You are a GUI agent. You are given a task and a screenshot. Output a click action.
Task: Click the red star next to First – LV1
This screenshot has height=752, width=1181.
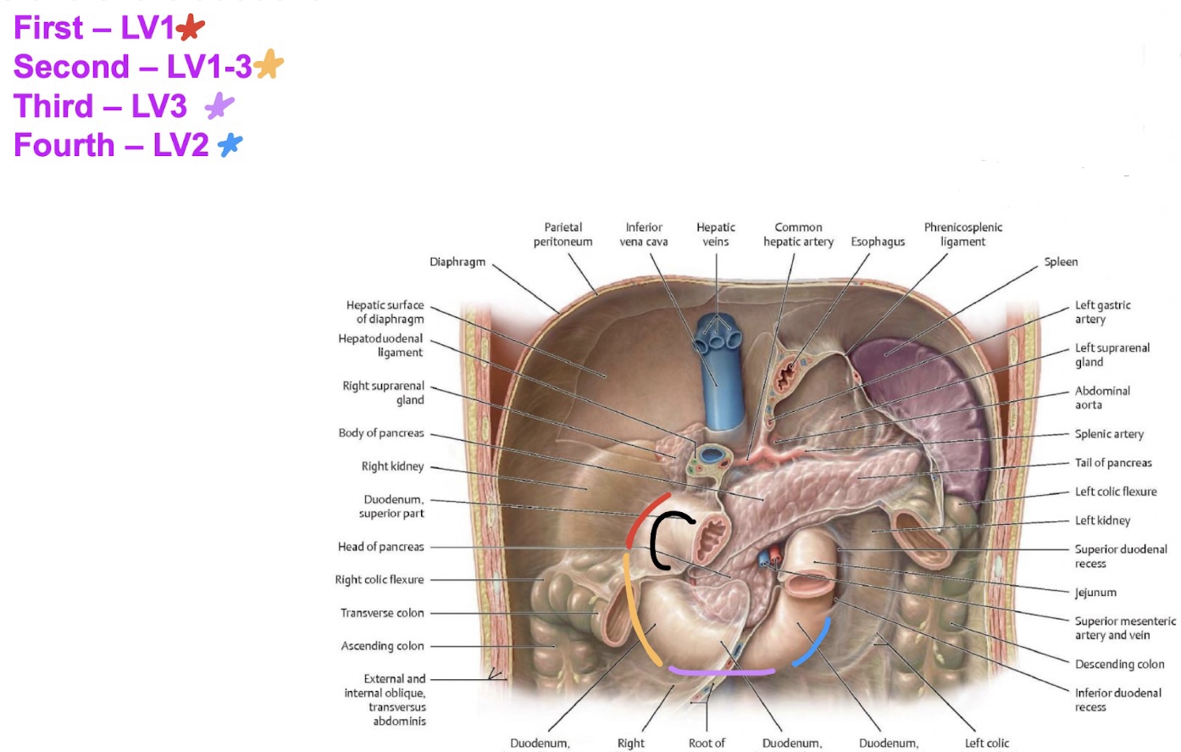pos(191,27)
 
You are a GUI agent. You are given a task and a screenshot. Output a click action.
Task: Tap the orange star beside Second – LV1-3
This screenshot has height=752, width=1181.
pos(269,64)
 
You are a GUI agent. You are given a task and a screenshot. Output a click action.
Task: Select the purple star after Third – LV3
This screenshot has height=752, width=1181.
pos(219,105)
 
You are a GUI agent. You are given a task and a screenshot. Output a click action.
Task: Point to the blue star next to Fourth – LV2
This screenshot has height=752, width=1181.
pos(230,145)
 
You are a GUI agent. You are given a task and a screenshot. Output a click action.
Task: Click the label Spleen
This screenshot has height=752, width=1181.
pos(1061,262)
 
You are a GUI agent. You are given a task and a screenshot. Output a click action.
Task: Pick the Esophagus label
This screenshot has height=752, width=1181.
pos(878,242)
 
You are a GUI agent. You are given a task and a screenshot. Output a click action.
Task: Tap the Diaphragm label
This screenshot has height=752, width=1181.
pos(457,262)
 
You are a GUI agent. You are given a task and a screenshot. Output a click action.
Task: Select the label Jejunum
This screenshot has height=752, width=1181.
pos(1095,592)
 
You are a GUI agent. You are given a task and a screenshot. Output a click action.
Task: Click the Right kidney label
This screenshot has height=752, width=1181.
pos(392,466)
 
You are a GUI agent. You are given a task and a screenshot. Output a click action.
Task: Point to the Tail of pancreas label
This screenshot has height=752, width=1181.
pos(1113,463)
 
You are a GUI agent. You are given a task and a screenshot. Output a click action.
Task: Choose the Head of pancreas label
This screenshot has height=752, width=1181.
pos(380,547)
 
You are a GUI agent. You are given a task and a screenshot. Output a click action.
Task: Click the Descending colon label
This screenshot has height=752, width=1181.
pos(1119,664)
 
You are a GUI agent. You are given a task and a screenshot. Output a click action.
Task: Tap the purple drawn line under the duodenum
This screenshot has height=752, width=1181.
pos(721,672)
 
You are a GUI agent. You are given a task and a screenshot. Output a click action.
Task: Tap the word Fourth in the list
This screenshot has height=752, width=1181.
pos(64,145)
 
